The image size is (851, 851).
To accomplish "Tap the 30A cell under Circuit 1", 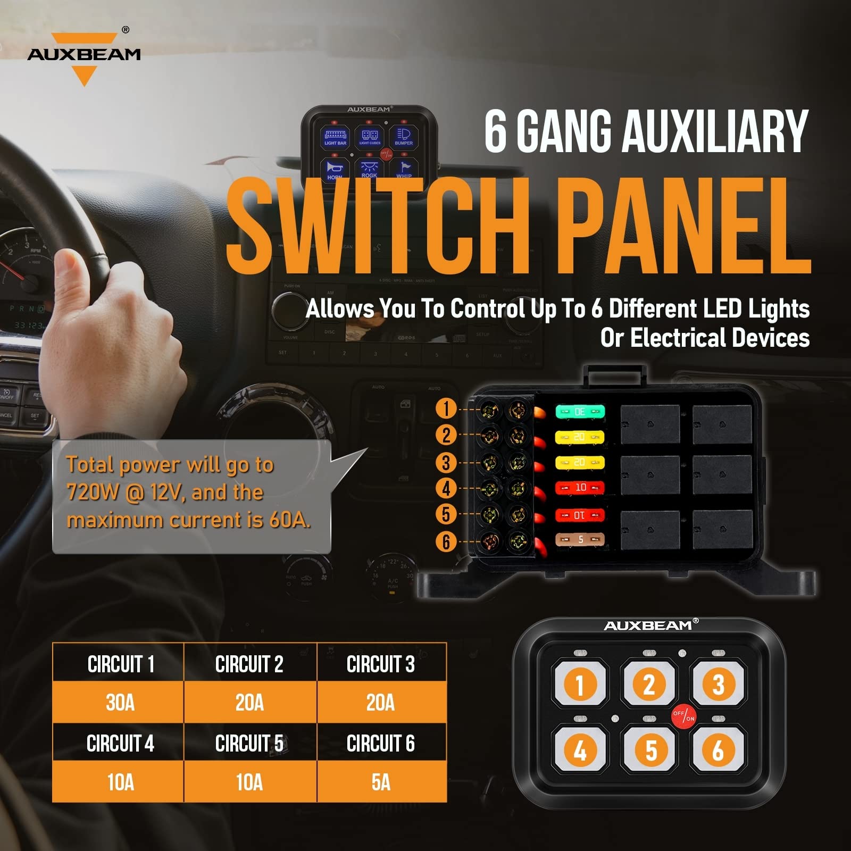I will pos(120,703).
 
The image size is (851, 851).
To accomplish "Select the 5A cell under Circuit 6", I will pos(381,782).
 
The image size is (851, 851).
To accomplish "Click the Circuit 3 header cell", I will pos(381,664).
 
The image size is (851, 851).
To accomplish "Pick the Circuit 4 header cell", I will pos(120,743).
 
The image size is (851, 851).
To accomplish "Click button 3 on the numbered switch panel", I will pos(718,685).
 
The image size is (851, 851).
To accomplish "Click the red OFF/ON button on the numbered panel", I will pos(683,716).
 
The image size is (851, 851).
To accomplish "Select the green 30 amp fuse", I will pos(580,412).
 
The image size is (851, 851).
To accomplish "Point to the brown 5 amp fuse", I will pos(580,540).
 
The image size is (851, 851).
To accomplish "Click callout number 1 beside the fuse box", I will pos(446,408).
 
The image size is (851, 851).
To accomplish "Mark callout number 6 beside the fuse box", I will pos(446,542).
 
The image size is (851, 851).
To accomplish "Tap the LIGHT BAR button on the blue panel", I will pos(335,137).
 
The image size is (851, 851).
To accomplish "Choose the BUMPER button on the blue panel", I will pos(404,136).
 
